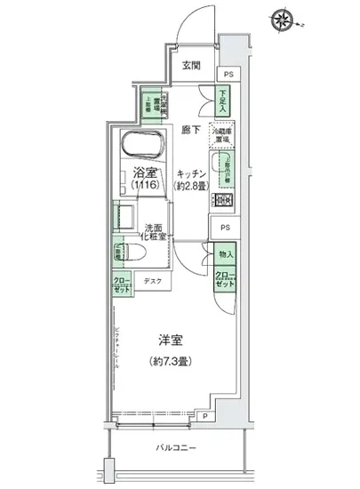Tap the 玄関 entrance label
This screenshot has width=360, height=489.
click(x=192, y=65)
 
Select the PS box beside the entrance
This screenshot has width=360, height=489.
click(x=229, y=75)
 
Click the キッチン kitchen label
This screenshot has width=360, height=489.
click(x=191, y=174)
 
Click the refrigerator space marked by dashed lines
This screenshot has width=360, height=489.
click(x=220, y=136)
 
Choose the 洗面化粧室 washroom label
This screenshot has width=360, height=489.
click(x=161, y=233)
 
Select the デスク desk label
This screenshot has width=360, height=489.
click(x=152, y=283)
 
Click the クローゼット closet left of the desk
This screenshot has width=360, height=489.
click(x=121, y=285)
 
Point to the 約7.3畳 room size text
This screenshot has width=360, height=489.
click(x=172, y=362)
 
